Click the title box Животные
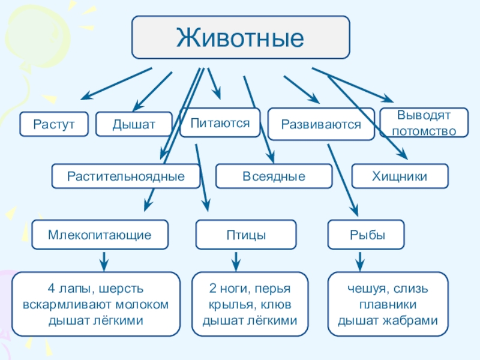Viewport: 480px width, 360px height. tap(241, 37)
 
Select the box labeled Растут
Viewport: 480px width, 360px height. tap(54, 124)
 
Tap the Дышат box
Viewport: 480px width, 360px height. tap(134, 124)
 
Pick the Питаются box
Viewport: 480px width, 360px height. tap(220, 122)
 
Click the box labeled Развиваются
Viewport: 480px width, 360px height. tap(321, 124)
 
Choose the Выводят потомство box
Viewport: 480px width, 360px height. tap(424, 123)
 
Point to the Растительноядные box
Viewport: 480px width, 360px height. tap(126, 176)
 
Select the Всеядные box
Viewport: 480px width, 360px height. tap(274, 176)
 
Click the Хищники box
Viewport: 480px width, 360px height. tap(400, 176)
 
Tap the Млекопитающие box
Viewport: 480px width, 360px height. tap(100, 235)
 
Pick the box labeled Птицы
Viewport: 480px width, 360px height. tap(246, 235)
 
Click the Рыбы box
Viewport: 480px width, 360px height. tap(366, 235)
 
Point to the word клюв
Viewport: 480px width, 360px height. tap(276, 305)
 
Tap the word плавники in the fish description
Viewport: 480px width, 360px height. tap(388, 305)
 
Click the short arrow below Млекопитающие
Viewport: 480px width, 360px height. tap(104, 262)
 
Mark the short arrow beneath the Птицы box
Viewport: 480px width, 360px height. tap(236, 262)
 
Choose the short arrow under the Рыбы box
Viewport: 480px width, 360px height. tap(360, 262)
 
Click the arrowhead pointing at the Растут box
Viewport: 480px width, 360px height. tap(86, 95)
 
